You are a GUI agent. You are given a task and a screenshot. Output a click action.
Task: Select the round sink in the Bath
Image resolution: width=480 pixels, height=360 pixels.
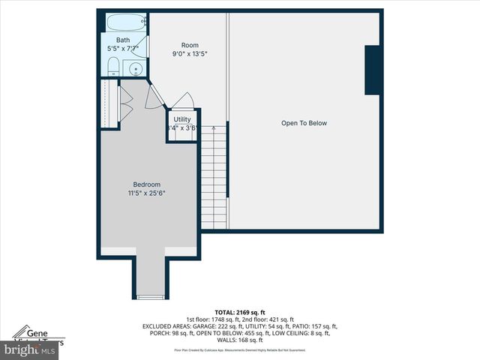(x=136, y=70)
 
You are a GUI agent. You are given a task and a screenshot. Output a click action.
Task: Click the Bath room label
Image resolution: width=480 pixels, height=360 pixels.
(x=122, y=40)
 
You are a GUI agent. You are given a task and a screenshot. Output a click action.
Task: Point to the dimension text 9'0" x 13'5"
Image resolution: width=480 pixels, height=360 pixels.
(x=190, y=54)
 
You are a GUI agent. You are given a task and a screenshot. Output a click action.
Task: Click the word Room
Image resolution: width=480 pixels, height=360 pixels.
(x=190, y=45)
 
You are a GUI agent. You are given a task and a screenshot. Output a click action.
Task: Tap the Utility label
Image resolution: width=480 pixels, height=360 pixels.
(x=182, y=119)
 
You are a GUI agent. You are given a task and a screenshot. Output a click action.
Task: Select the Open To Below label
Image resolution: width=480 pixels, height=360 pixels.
(x=304, y=123)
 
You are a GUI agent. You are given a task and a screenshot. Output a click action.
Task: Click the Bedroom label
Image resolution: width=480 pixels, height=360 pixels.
(x=147, y=184)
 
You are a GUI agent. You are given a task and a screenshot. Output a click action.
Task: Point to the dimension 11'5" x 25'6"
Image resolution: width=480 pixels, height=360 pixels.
(x=147, y=193)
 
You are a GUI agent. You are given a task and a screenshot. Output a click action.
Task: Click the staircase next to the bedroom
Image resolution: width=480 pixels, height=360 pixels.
(x=214, y=176)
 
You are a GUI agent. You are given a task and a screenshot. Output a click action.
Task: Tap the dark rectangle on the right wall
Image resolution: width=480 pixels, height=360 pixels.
(x=373, y=70)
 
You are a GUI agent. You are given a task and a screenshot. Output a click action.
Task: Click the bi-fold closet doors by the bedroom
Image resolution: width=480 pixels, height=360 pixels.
(x=126, y=103)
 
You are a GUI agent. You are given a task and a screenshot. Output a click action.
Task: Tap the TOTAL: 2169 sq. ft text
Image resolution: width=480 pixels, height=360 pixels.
(x=240, y=311)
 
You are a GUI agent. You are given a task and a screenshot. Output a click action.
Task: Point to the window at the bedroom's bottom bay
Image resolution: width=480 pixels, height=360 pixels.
(x=150, y=298)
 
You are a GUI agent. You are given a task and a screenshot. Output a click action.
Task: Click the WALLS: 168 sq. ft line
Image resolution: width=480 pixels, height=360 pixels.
(x=240, y=340)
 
